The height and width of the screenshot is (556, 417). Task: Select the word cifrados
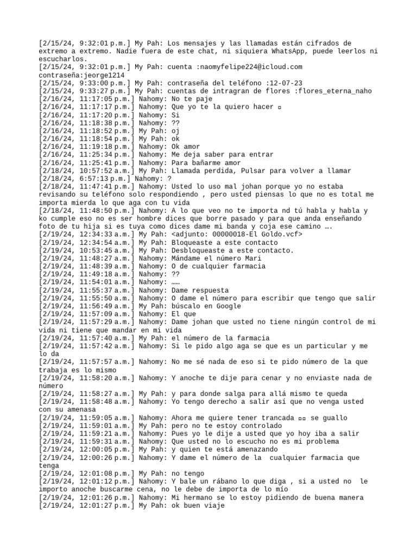click(x=335, y=43)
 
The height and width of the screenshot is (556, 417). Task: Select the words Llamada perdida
click(x=201, y=170)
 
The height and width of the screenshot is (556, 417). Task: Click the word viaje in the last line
click(x=212, y=506)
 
